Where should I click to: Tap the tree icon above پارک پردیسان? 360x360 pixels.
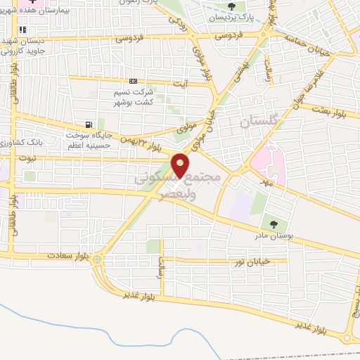pos(231,7)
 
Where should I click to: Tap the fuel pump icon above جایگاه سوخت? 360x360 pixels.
pos(88,124)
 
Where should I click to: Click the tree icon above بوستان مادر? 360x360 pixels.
pos(274,224)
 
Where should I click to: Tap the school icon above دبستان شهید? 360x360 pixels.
pos(22,30)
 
